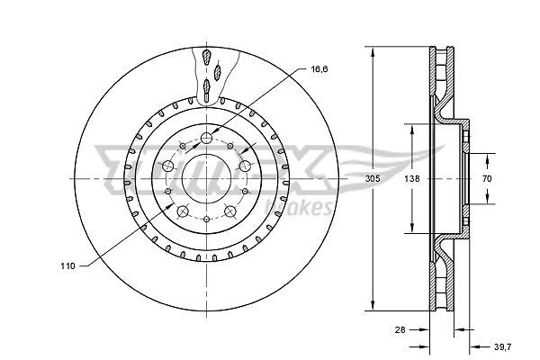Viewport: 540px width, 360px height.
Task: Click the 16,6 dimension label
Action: click(319, 69)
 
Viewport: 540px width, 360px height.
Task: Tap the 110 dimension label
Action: click(67, 266)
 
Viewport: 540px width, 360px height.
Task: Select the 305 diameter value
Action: click(373, 179)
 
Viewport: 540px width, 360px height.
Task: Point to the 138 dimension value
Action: click(412, 179)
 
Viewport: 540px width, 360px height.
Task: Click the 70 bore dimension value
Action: click(487, 179)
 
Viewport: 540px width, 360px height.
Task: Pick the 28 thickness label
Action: click(400, 329)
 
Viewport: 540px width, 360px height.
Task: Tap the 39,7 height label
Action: click(503, 346)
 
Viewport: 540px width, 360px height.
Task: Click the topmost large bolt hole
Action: click(206, 138)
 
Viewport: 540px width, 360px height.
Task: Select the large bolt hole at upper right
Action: click(245, 166)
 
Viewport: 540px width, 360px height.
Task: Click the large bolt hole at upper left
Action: click(168, 166)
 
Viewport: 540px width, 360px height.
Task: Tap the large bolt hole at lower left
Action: click(183, 211)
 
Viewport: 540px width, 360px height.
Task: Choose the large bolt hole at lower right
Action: click(229, 211)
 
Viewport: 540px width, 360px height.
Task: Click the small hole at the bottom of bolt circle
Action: click(206, 219)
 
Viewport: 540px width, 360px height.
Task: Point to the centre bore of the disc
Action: click(206, 179)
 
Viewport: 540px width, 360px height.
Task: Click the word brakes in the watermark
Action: click(298, 207)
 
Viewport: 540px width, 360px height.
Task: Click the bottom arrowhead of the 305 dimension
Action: click(373, 305)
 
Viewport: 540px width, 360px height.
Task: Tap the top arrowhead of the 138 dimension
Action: click(412, 130)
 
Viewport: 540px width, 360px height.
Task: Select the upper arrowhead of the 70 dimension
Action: click(487, 159)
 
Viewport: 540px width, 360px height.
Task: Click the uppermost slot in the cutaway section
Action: click(206, 57)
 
